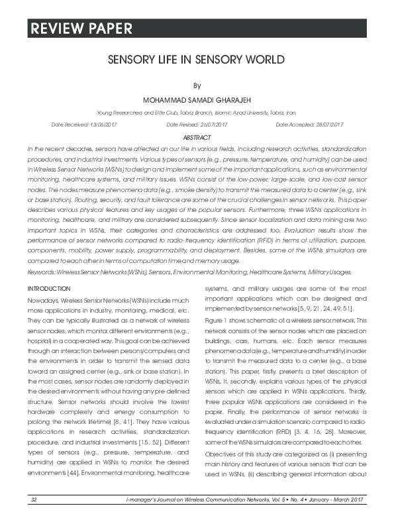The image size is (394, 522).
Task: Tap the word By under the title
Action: click(196, 85)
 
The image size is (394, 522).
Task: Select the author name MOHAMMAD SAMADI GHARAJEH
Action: click(196, 100)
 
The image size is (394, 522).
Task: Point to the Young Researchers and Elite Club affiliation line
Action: click(196, 113)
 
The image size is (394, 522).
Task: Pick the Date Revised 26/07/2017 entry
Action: click(197, 125)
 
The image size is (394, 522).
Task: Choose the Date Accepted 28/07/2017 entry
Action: click(309, 125)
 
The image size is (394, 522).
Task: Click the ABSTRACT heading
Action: click(196, 137)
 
